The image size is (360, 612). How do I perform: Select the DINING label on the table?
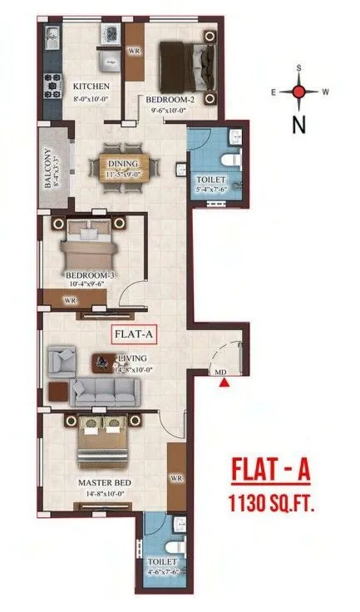[x=121, y=152]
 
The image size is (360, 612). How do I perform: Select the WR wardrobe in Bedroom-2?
[x=133, y=51]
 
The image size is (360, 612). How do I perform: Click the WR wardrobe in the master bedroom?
[x=176, y=478]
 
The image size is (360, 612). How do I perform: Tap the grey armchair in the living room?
[x=60, y=360]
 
